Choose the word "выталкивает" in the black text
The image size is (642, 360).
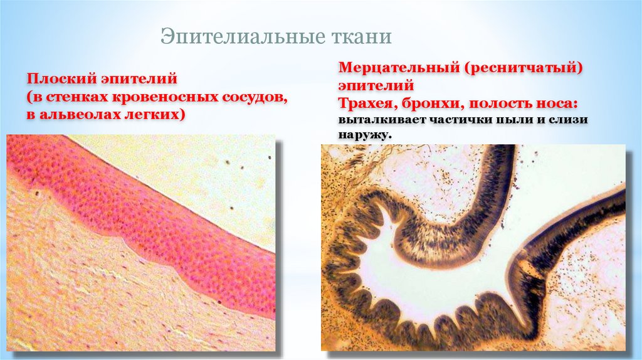tap(381, 120)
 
